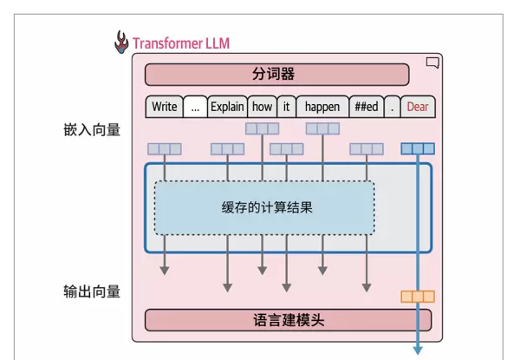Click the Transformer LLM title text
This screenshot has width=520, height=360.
tap(181, 43)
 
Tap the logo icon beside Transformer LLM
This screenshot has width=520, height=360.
tap(120, 42)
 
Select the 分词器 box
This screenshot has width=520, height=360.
tap(276, 75)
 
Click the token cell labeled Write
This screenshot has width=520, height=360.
tap(164, 107)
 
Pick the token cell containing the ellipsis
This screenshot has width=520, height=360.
tap(195, 107)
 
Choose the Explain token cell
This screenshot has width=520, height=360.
tap(227, 107)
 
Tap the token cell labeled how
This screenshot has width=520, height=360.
tap(262, 107)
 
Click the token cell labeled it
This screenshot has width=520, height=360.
tap(286, 107)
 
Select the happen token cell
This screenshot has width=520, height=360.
tap(322, 107)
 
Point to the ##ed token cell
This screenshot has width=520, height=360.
tap(366, 107)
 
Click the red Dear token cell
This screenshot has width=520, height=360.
tap(418, 107)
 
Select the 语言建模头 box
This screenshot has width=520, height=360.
tap(276, 320)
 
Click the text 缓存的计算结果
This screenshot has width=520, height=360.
tap(266, 208)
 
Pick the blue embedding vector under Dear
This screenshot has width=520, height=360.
tap(418, 148)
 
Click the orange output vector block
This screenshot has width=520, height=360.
tap(418, 297)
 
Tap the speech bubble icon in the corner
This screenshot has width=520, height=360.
tap(433, 62)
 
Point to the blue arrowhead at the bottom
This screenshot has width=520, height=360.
tap(418, 350)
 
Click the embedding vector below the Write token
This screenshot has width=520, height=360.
tap(164, 149)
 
